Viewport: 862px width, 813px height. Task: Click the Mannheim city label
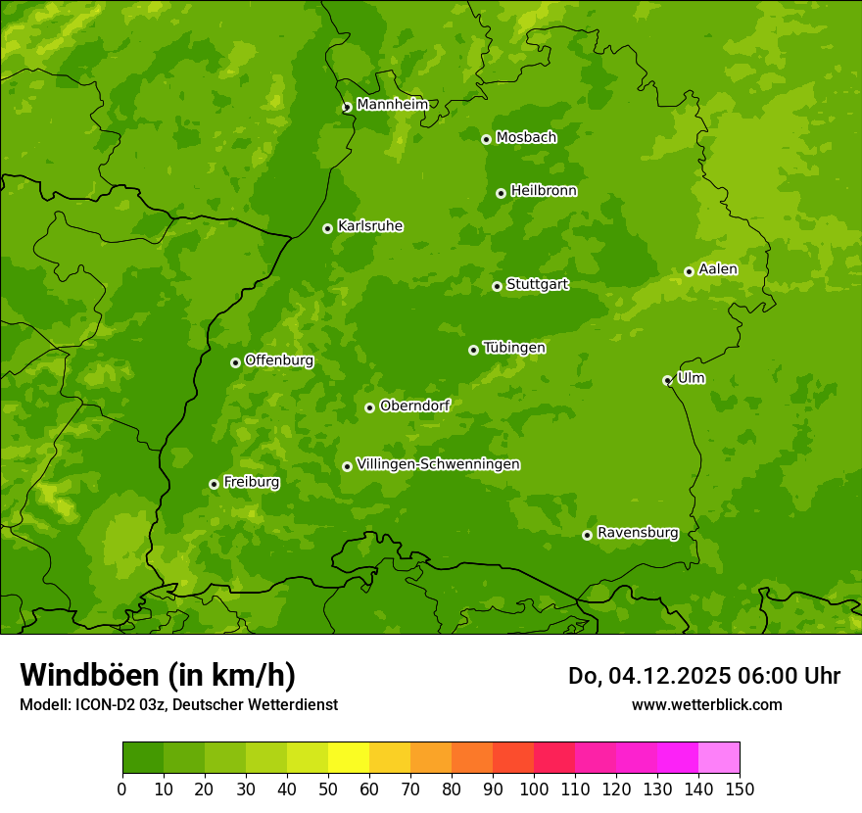click(x=392, y=105)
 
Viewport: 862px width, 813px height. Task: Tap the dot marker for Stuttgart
click(x=497, y=286)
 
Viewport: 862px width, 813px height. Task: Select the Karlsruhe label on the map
click(x=370, y=226)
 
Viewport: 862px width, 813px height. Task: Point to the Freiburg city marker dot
click(x=214, y=484)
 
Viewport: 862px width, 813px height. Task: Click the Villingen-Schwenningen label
click(x=438, y=464)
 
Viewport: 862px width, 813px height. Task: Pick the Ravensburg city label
click(x=638, y=533)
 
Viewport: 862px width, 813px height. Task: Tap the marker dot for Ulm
click(x=667, y=380)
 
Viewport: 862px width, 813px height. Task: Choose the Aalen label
click(x=718, y=269)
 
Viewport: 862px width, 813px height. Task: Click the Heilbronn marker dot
click(x=501, y=193)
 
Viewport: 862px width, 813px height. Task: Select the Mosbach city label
click(x=526, y=138)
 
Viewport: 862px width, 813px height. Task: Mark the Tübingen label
click(x=514, y=348)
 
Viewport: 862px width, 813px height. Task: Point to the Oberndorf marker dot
click(x=369, y=407)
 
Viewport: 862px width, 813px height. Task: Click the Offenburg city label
click(x=279, y=360)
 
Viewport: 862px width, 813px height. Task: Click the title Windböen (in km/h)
click(x=158, y=675)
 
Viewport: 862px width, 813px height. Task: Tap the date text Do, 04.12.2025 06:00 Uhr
click(x=703, y=676)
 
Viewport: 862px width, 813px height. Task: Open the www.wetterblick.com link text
click(x=706, y=704)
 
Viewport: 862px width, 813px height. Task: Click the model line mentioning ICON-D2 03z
click(x=178, y=704)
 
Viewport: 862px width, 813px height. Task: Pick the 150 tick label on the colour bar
click(x=739, y=789)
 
